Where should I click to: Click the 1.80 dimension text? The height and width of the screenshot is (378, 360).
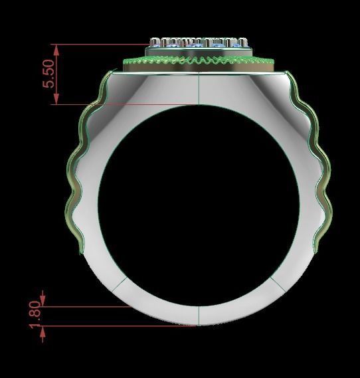(37, 316)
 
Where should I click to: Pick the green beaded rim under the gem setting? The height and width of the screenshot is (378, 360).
(199, 62)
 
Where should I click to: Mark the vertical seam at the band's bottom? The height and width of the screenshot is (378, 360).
(200, 316)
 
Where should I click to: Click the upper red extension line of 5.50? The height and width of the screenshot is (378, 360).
(100, 45)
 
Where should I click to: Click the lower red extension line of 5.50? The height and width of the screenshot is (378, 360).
(120, 104)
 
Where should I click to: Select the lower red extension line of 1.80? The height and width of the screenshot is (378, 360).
(120, 326)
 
